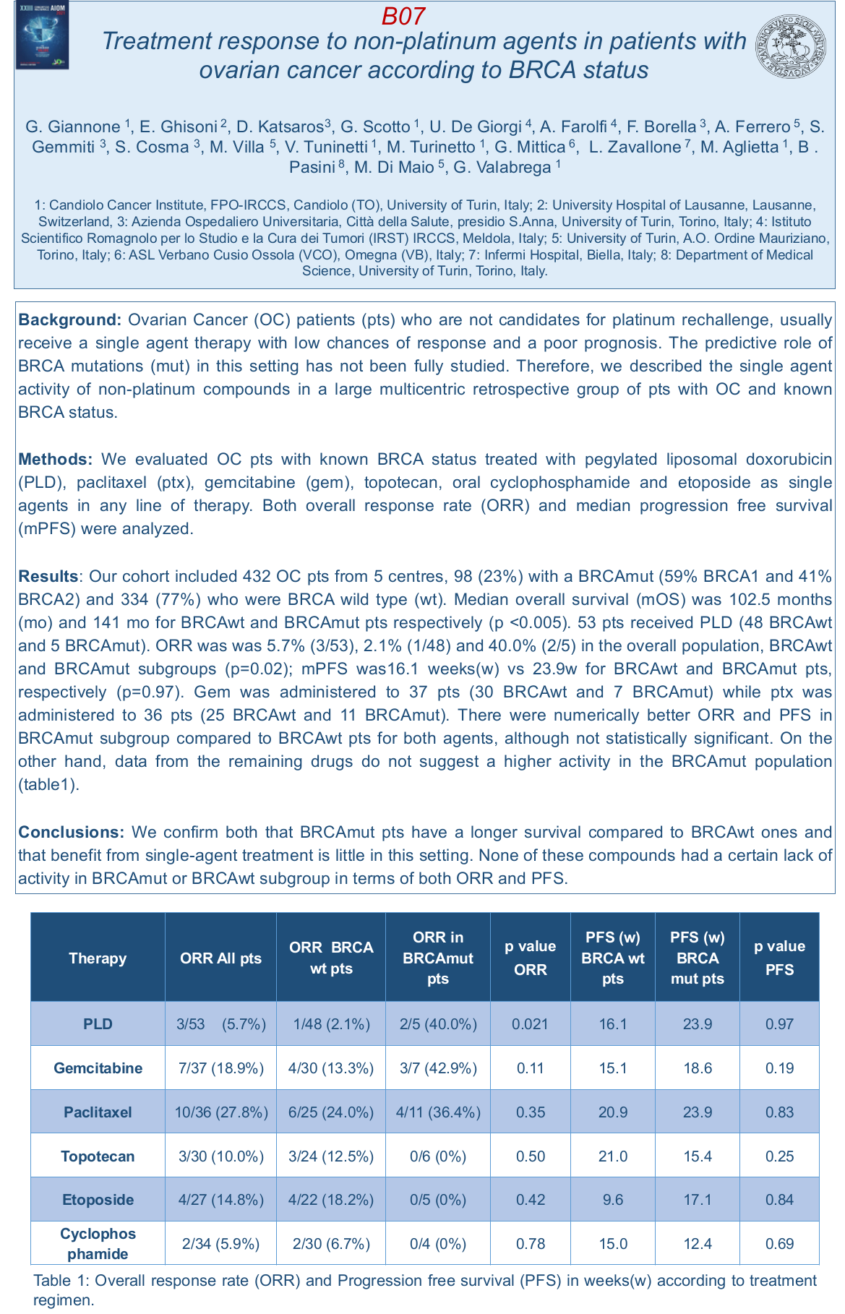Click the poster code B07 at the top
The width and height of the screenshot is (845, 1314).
403,16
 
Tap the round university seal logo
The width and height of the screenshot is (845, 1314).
791,46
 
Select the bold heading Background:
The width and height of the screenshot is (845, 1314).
70,319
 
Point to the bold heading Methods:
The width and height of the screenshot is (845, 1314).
56,459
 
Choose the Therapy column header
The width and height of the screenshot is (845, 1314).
98,958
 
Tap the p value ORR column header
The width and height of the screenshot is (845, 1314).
531,958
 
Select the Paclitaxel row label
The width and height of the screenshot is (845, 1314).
98,1112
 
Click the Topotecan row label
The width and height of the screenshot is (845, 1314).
98,1156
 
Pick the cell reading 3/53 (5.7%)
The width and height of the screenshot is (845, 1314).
220,1023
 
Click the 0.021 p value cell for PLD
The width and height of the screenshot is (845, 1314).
531,1023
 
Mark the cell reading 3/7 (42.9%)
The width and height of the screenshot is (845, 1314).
438,1068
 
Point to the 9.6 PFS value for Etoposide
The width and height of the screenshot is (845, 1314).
612,1200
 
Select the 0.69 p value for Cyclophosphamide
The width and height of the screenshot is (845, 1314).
779,1244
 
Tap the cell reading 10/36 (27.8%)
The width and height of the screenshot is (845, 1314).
220,1112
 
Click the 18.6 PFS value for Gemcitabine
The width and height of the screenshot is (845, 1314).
698,1068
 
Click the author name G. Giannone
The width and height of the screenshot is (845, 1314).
73,127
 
